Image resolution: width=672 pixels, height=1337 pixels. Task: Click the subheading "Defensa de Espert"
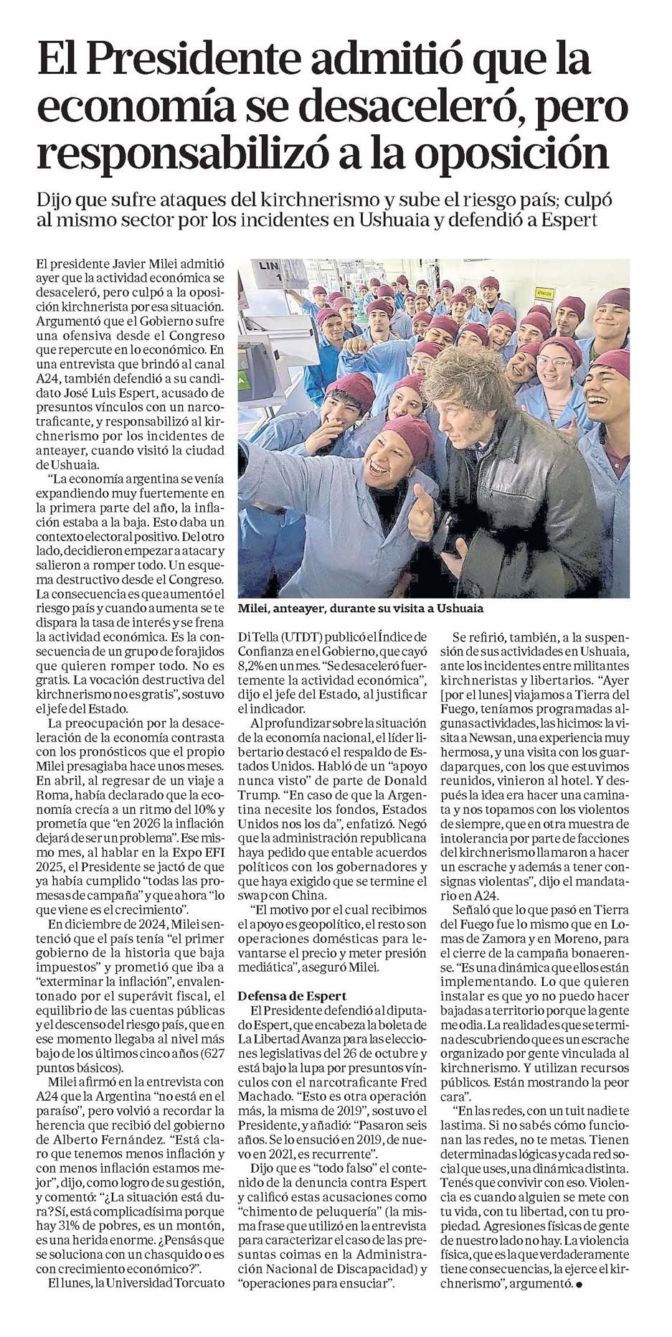click(293, 995)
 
